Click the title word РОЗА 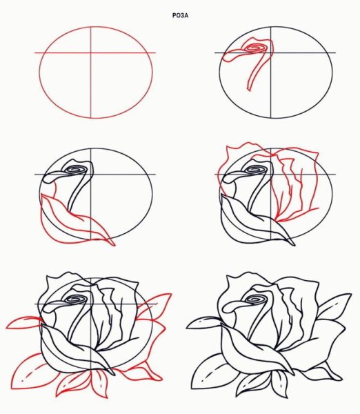pos(180,16)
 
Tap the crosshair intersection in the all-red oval pos(91,53)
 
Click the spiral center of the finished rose pos(255,299)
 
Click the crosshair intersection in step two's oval pos(271,53)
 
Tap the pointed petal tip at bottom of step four pos(294,245)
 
